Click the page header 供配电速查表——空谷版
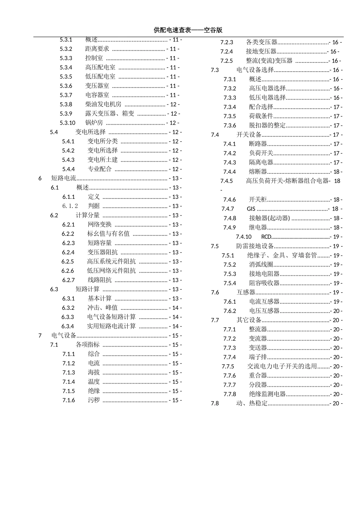tap(188, 30)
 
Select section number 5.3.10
tap(67, 123)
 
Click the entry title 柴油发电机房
tap(103, 104)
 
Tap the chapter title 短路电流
tap(64, 178)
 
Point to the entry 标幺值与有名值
tap(108, 234)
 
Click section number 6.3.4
tap(68, 326)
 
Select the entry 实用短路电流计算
tap(111, 326)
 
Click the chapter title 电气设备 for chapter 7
tap(64, 336)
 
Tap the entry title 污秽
tap(94, 400)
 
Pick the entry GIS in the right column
tap(251, 209)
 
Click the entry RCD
tap(266, 237)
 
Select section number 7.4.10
tap(244, 237)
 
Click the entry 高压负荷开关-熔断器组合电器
tap(287, 181)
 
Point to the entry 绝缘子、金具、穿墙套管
tap(282, 255)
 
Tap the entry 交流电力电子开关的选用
tap(282, 366)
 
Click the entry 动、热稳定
tap(252, 403)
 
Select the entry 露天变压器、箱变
tap(110, 114)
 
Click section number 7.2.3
tap(227, 42)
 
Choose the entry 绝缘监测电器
tap(267, 394)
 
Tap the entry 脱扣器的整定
tap(267, 125)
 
